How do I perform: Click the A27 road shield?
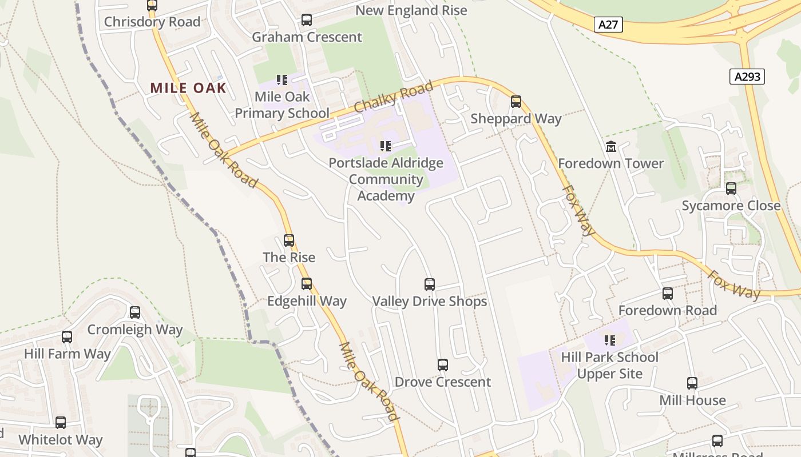pyautogui.click(x=608, y=25)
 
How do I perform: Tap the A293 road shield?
pyautogui.click(x=747, y=77)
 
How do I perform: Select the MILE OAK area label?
pyautogui.click(x=188, y=88)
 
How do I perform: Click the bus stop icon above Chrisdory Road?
pyautogui.click(x=152, y=6)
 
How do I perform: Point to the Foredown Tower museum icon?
pyautogui.click(x=610, y=146)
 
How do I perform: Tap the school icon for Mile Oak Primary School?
pyautogui.click(x=281, y=80)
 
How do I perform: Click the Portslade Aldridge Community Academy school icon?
pyautogui.click(x=385, y=146)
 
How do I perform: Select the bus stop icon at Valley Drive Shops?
pyautogui.click(x=429, y=284)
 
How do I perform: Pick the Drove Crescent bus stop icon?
pyautogui.click(x=442, y=364)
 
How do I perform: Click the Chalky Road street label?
pyautogui.click(x=393, y=98)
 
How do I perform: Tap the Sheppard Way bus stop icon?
pyautogui.click(x=516, y=102)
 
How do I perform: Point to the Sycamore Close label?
pyautogui.click(x=731, y=206)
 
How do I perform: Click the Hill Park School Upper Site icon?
pyautogui.click(x=609, y=340)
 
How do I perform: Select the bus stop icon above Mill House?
pyautogui.click(x=692, y=383)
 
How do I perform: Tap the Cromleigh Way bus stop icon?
pyautogui.click(x=134, y=312)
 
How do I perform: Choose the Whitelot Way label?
pyautogui.click(x=60, y=440)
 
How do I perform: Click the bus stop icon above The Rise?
pyautogui.click(x=288, y=240)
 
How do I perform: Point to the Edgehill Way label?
pyautogui.click(x=307, y=300)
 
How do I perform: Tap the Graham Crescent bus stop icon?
pyautogui.click(x=306, y=20)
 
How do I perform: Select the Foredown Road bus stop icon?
pyautogui.click(x=667, y=294)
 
